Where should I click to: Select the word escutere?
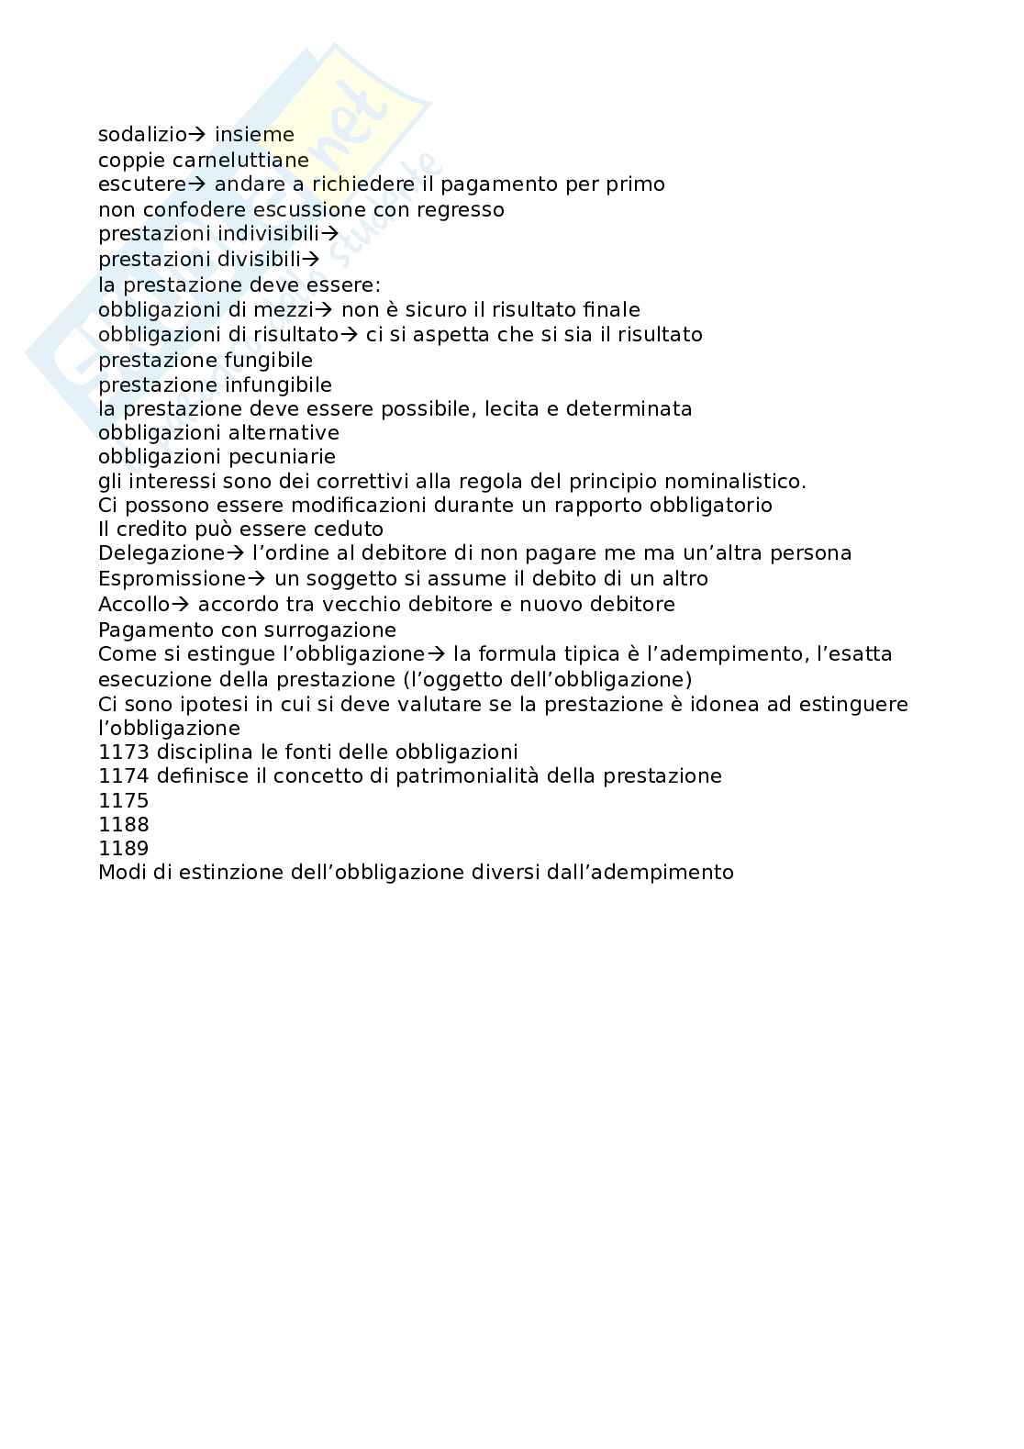(142, 184)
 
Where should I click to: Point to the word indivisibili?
(268, 234)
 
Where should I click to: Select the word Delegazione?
(161, 553)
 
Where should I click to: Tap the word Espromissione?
(173, 579)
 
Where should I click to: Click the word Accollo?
(134, 605)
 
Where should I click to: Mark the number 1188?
(124, 824)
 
